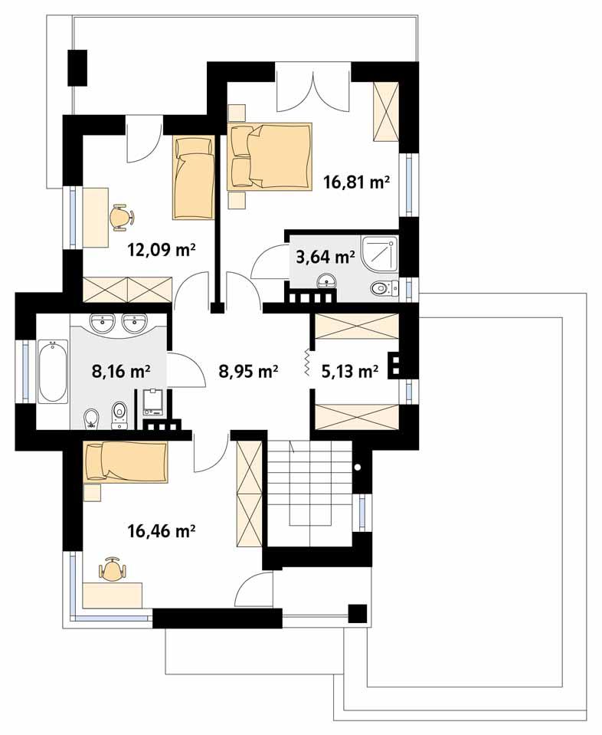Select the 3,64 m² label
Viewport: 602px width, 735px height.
pos(325,257)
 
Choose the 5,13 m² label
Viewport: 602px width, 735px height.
pos(348,372)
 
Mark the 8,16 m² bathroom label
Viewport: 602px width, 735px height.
pos(120,372)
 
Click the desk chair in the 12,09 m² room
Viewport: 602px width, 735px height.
pos(120,216)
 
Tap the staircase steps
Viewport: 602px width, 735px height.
pos(309,483)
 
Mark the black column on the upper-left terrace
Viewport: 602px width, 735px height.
pos(77,67)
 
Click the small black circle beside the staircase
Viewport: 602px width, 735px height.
pos(356,466)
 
